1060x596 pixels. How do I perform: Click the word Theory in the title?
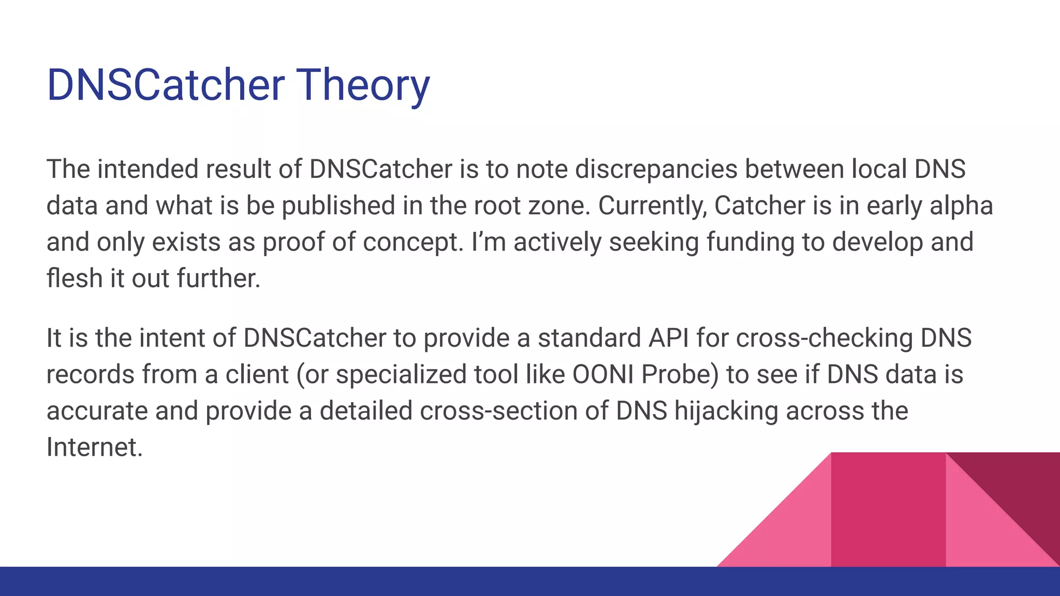pos(363,85)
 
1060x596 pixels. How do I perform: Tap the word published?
pos(338,205)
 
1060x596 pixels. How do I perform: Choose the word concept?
pos(413,242)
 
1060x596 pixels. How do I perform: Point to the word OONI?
pos(603,375)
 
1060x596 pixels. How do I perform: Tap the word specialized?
pos(401,375)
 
